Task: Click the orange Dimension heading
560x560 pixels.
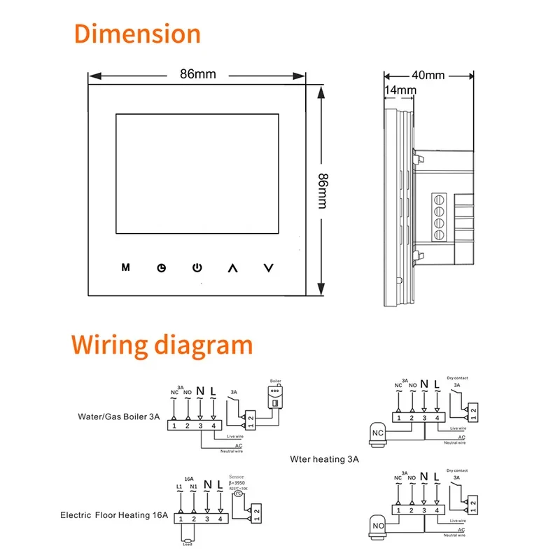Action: [x=137, y=34]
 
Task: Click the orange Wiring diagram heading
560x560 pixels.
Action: [x=162, y=345]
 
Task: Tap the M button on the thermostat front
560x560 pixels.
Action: [x=126, y=267]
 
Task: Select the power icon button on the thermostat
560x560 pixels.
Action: [x=197, y=267]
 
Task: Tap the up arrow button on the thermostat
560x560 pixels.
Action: [x=233, y=267]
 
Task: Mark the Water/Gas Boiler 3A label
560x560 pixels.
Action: [x=119, y=416]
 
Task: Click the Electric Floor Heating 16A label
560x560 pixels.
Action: [x=114, y=517]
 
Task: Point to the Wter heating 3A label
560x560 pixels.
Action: [x=324, y=460]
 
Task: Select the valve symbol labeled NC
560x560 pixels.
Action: [x=377, y=433]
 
